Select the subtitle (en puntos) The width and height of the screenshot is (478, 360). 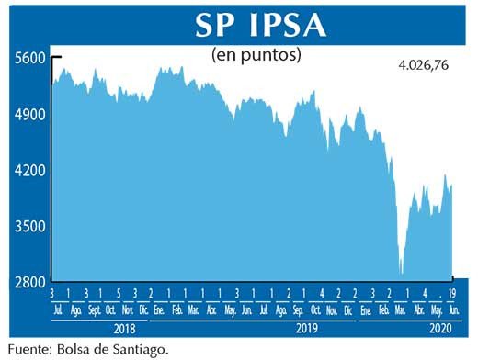pyautogui.click(x=256, y=54)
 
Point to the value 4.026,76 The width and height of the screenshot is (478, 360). pyautogui.click(x=429, y=66)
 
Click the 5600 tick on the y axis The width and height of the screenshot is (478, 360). pyautogui.click(x=29, y=58)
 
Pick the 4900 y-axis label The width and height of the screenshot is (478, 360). pyautogui.click(x=29, y=115)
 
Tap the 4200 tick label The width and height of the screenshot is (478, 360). pyautogui.click(x=29, y=171)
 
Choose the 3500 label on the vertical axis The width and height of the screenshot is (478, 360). pyautogui.click(x=29, y=227)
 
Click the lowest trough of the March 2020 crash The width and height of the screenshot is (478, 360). pyautogui.click(x=401, y=272)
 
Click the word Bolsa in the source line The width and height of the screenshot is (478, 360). pyautogui.click(x=75, y=349)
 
